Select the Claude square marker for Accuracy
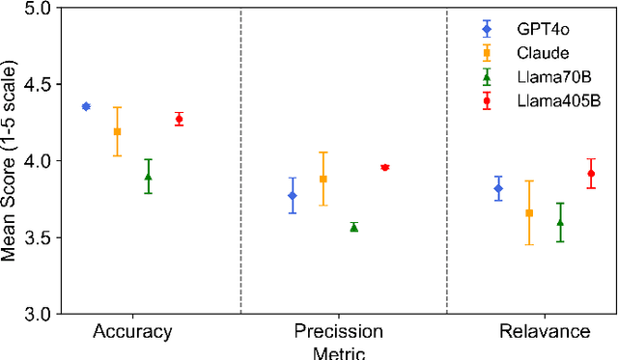click(117, 131)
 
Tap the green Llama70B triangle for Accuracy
click(148, 177)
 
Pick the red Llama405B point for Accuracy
click(179, 119)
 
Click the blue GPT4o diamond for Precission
click(293, 196)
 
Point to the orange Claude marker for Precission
click(323, 179)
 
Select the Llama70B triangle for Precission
click(354, 227)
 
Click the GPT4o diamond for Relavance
click(498, 188)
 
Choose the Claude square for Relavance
click(529, 212)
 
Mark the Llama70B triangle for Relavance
click(560, 222)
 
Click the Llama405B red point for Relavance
click(591, 174)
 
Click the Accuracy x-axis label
click(132, 332)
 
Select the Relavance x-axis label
click(545, 332)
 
